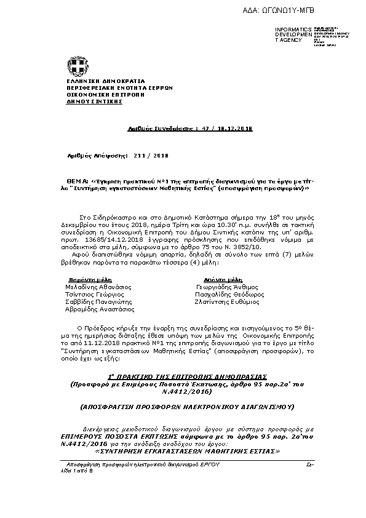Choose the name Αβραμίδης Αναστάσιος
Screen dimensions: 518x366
[100, 310]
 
